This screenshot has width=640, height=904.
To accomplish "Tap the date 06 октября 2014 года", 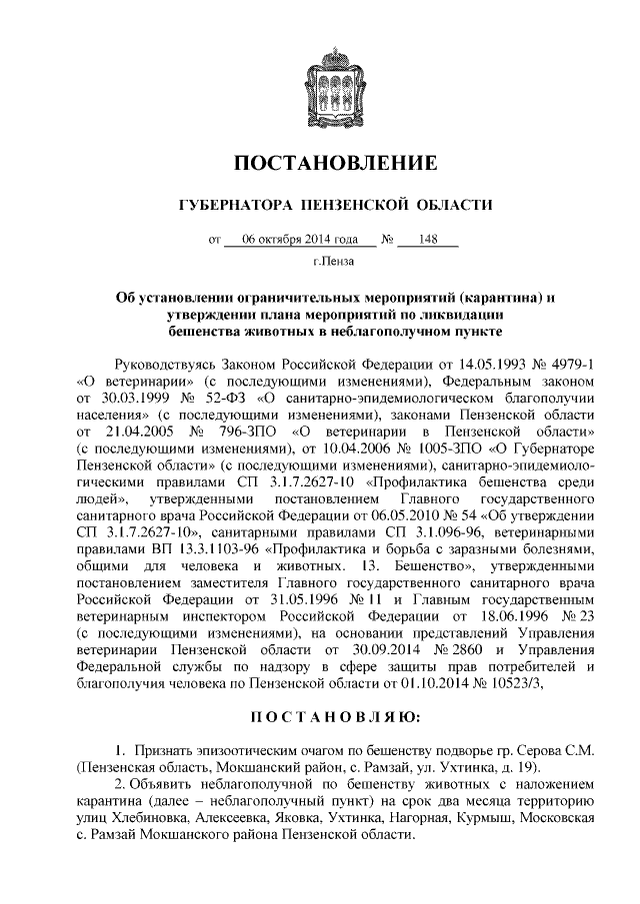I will (x=300, y=241).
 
